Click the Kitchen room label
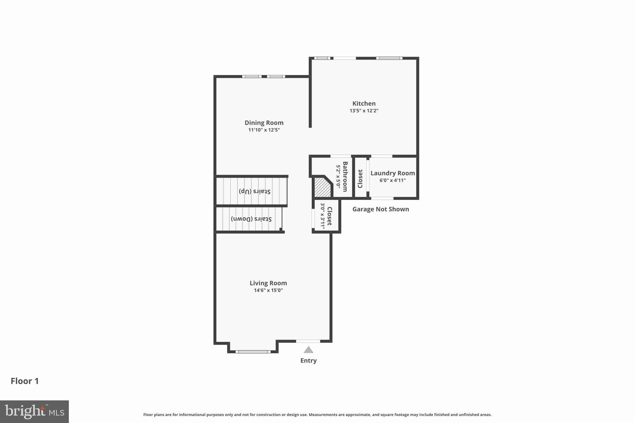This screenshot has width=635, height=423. pyautogui.click(x=364, y=104)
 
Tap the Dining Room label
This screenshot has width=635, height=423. pyautogui.click(x=264, y=123)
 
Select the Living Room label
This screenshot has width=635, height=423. pyautogui.click(x=268, y=283)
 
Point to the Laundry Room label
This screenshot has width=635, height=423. pyautogui.click(x=393, y=173)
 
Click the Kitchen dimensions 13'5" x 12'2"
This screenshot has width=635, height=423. pyautogui.click(x=364, y=111)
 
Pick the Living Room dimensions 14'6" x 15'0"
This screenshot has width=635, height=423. pyautogui.click(x=268, y=290)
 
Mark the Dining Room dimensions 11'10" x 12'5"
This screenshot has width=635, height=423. pyautogui.click(x=264, y=130)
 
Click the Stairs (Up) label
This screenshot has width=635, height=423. pyautogui.click(x=255, y=191)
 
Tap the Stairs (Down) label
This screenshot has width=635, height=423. pyautogui.click(x=251, y=219)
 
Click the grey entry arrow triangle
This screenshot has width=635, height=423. pyautogui.click(x=308, y=350)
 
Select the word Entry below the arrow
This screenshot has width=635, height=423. pyautogui.click(x=308, y=360)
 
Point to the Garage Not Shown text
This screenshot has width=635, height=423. pyautogui.click(x=380, y=209)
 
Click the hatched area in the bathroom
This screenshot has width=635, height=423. pyautogui.click(x=322, y=187)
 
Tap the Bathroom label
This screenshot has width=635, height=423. pyautogui.click(x=345, y=177)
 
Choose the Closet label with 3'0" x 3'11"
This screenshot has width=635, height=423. pyautogui.click(x=329, y=216)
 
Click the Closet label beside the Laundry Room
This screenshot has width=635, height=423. pyautogui.click(x=360, y=179)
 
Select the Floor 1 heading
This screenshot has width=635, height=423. pyautogui.click(x=25, y=381)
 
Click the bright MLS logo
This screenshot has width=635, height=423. pyautogui.click(x=34, y=412)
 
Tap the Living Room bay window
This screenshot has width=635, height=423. pyautogui.click(x=253, y=351)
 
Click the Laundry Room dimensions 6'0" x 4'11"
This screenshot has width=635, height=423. pyautogui.click(x=393, y=180)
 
